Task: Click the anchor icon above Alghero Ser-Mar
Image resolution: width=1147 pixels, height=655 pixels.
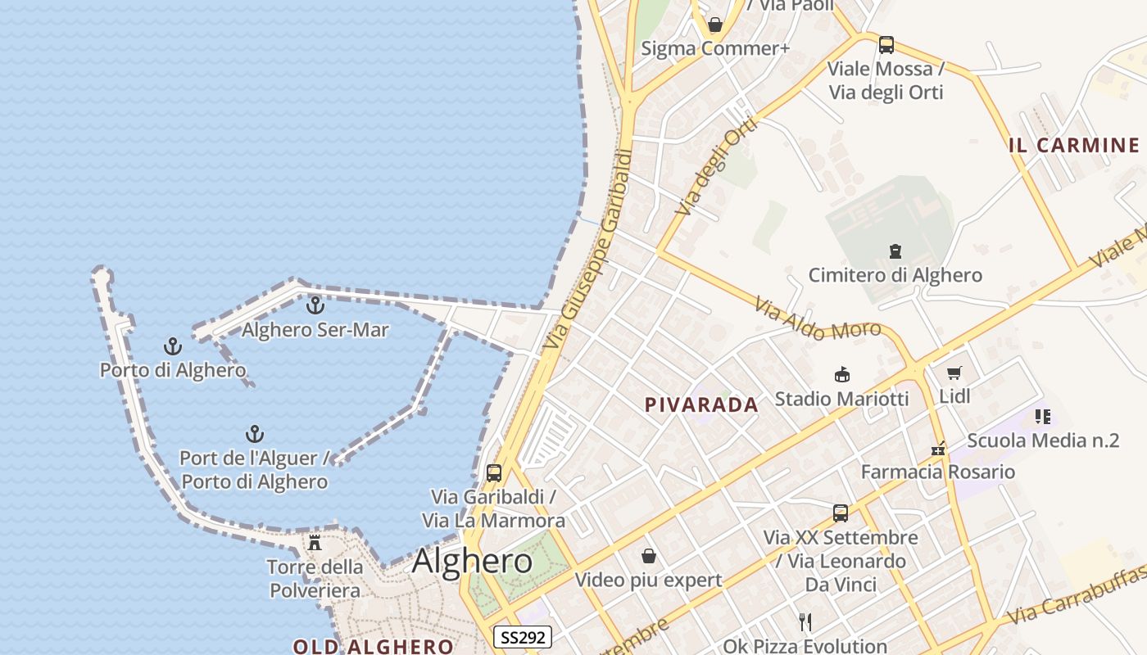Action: click(x=315, y=305)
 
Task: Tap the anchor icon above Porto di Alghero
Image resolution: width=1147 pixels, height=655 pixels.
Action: click(x=172, y=346)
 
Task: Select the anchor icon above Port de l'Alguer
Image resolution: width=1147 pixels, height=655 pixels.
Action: click(x=255, y=434)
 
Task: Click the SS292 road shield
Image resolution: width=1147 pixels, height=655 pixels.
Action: click(x=523, y=637)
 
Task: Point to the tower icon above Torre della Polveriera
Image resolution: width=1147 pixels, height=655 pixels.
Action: click(x=315, y=542)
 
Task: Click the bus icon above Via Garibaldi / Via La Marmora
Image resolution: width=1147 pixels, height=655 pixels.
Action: click(x=493, y=472)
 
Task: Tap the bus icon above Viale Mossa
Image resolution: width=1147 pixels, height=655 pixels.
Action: click(x=886, y=45)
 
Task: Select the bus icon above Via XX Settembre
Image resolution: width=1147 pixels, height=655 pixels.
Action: click(x=841, y=513)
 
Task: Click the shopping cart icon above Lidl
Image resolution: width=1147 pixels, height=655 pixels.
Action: click(x=954, y=373)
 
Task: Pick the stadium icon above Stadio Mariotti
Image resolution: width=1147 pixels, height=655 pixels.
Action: click(x=841, y=375)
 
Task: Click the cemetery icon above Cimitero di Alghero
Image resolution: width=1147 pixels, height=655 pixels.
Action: click(x=895, y=251)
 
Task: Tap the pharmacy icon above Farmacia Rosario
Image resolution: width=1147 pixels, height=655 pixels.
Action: click(x=938, y=449)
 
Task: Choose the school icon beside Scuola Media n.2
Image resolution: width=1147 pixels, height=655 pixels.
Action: click(x=1042, y=417)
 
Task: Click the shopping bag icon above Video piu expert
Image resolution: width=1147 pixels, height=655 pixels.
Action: click(x=649, y=557)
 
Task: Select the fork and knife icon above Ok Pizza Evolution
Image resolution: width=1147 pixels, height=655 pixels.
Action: click(x=805, y=622)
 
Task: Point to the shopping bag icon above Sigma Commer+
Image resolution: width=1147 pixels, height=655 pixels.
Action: click(x=715, y=25)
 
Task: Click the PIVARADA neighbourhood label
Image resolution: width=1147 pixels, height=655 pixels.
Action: click(x=701, y=404)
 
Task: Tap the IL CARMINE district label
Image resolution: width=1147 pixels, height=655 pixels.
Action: click(x=1073, y=146)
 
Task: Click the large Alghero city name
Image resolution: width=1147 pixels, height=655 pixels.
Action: click(x=472, y=562)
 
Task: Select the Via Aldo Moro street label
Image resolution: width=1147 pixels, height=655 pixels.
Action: click(x=818, y=319)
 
